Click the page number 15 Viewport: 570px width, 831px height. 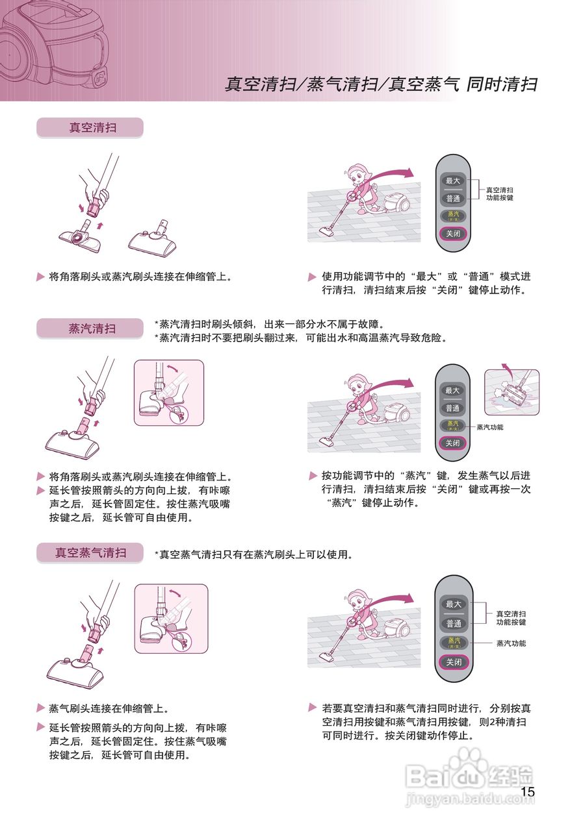click(x=528, y=791)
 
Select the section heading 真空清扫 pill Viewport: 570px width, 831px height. click(x=90, y=128)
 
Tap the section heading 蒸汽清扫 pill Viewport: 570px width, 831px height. click(x=90, y=329)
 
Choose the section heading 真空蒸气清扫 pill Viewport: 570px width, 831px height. click(x=90, y=553)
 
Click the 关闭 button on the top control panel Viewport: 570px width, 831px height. click(x=452, y=234)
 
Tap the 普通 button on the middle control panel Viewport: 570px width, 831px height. click(x=452, y=408)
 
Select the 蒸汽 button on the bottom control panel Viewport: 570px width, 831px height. click(x=452, y=643)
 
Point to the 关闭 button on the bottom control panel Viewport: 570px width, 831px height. click(x=452, y=662)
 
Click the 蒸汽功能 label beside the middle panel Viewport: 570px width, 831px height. click(x=490, y=427)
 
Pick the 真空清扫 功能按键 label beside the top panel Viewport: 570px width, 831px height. click(x=500, y=193)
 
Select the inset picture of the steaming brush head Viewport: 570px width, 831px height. click(x=512, y=392)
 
